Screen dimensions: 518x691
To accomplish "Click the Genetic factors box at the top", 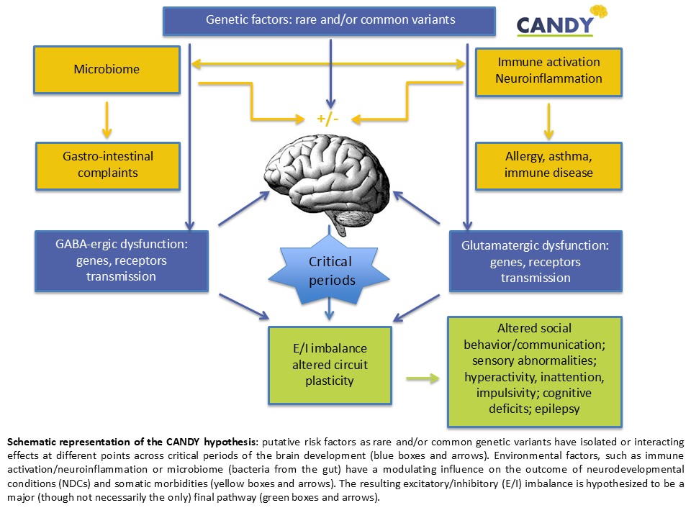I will [330, 20].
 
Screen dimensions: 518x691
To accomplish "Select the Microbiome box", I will [107, 70].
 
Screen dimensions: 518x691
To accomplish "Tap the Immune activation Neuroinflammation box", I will [548, 71].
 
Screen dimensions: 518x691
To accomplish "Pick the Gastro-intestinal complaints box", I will [107, 165].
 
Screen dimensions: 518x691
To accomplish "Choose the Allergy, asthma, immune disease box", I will [548, 165].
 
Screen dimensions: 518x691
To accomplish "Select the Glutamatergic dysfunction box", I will [535, 261].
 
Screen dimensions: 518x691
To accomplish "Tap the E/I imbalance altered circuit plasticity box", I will [330, 364].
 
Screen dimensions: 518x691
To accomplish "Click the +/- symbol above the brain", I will [328, 118].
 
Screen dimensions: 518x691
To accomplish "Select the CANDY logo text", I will [555, 25].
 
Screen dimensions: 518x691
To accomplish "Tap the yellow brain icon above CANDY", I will [599, 12].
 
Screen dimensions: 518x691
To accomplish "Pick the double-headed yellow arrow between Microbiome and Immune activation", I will [330, 65].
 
